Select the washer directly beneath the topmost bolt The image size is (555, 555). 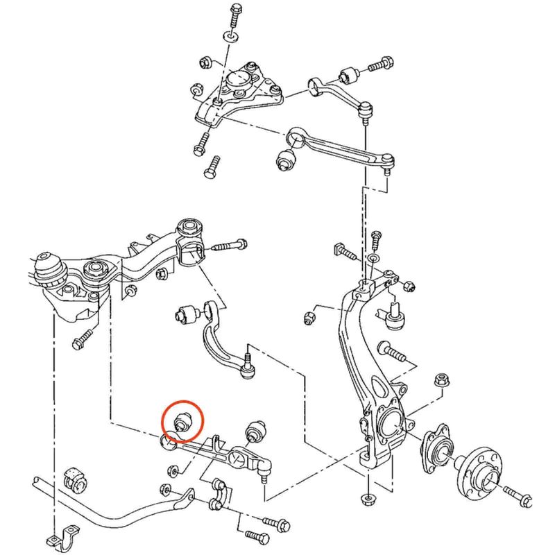[x=231, y=34]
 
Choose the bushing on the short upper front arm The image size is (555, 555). [x=350, y=74]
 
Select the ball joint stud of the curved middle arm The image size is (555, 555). [x=247, y=368]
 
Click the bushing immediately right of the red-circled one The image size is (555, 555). [x=256, y=430]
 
